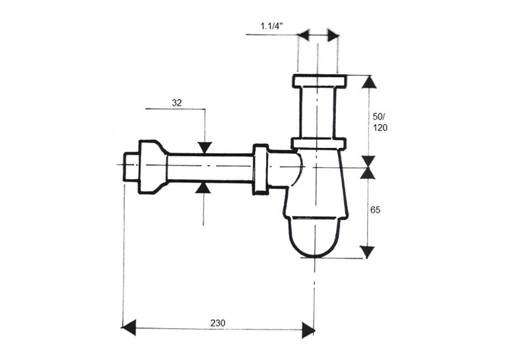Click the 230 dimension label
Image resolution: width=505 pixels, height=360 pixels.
[218, 322]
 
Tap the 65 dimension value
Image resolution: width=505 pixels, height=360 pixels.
[375, 210]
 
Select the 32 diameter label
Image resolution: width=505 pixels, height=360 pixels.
[177, 103]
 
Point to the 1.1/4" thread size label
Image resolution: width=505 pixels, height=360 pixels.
[272, 26]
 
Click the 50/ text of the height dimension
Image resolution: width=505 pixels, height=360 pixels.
[379, 117]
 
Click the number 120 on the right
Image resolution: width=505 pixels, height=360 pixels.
[380, 127]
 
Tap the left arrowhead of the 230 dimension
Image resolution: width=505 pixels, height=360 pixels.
[129, 328]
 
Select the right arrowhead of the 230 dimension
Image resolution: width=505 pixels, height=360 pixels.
[308, 330]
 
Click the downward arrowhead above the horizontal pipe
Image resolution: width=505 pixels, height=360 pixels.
[205, 147]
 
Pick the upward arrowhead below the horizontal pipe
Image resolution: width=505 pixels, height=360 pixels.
[203, 187]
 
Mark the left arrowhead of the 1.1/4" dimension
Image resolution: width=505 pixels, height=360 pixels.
[303, 34]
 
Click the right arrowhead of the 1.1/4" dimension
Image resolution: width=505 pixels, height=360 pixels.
[333, 35]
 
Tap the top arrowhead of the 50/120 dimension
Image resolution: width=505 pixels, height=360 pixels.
[369, 81]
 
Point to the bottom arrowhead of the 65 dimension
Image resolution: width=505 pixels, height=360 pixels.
[367, 252]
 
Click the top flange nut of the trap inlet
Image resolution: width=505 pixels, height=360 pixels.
[320, 81]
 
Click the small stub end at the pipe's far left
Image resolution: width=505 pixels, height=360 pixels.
[131, 168]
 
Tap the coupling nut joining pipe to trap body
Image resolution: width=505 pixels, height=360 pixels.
[260, 170]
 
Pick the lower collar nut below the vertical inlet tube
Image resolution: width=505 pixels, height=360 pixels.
[319, 143]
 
